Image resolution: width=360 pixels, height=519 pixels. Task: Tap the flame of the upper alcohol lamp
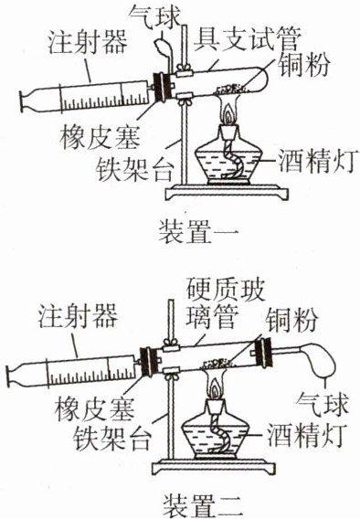click(x=228, y=115)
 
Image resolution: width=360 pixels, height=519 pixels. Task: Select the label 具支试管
click(x=248, y=39)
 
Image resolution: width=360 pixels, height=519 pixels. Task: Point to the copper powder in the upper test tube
click(x=231, y=89)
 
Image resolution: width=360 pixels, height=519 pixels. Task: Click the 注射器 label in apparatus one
click(x=88, y=42)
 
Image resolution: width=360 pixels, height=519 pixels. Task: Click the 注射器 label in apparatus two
click(x=78, y=316)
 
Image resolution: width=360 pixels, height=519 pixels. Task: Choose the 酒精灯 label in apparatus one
click(x=318, y=161)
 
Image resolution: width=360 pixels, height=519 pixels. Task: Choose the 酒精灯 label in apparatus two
click(x=307, y=435)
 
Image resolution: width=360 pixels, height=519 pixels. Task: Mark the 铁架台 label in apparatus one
click(x=134, y=169)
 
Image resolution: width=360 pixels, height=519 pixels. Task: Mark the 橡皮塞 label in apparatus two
click(x=94, y=408)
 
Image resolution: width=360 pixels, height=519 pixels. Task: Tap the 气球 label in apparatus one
click(x=154, y=16)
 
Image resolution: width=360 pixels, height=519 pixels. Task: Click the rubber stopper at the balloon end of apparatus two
click(x=263, y=353)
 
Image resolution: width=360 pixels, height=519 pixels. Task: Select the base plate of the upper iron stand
click(x=227, y=192)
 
